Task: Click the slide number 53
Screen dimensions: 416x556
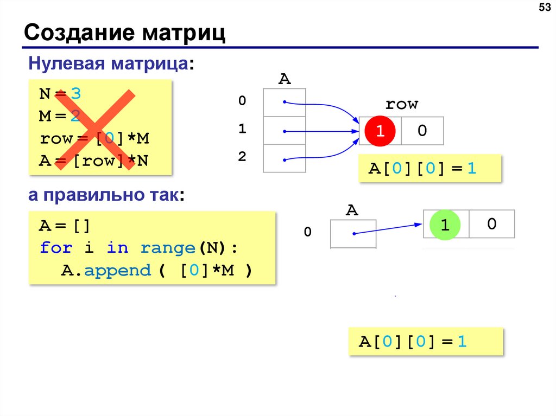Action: (x=544, y=9)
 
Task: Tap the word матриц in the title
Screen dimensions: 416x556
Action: (x=184, y=33)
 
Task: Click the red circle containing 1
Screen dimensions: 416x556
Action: (x=381, y=131)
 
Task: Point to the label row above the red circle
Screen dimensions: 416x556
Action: (x=401, y=104)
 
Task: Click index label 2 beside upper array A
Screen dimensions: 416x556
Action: (x=242, y=157)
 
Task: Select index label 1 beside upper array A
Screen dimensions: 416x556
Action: (x=242, y=129)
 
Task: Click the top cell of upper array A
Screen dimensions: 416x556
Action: (x=285, y=102)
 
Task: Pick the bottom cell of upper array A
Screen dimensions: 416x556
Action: (x=285, y=158)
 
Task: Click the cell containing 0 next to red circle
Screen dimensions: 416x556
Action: (x=422, y=131)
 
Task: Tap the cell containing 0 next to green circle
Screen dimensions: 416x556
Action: (x=492, y=223)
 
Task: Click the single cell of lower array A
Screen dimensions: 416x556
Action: (x=352, y=234)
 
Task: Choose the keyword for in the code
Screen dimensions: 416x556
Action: (x=56, y=248)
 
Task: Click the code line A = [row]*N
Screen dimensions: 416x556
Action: (x=94, y=161)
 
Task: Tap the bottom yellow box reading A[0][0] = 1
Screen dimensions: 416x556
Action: (x=426, y=342)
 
